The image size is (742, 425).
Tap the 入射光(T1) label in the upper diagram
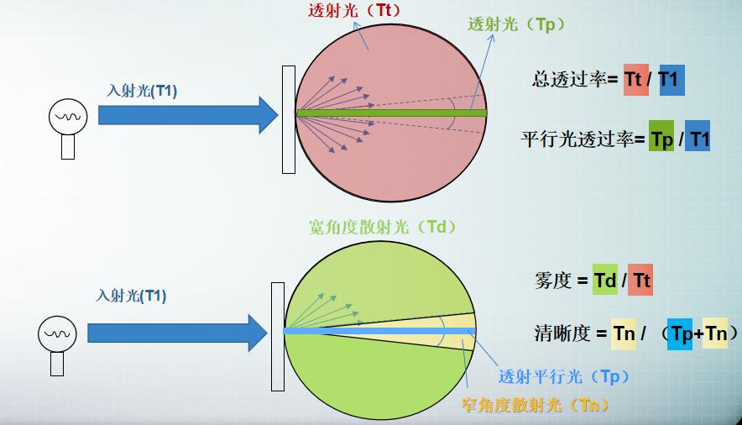pyautogui.click(x=142, y=91)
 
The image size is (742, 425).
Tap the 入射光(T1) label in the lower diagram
pyautogui.click(x=131, y=295)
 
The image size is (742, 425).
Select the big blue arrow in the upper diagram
pyautogui.click(x=187, y=114)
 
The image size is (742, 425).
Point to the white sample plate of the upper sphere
pyautogui.click(x=289, y=118)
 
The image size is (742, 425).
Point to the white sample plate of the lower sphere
pyautogui.click(x=278, y=337)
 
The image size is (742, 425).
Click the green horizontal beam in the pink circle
pyautogui.click(x=391, y=113)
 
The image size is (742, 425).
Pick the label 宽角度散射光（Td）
pyautogui.click(x=383, y=227)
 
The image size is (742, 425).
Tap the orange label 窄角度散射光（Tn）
pyautogui.click(x=536, y=405)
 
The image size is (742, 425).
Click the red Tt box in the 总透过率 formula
pyautogui.click(x=636, y=79)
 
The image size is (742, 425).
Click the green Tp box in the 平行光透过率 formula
pyautogui.click(x=662, y=139)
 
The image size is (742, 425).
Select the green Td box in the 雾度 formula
pyautogui.click(x=605, y=280)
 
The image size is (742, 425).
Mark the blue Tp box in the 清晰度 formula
pyautogui.click(x=680, y=333)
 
